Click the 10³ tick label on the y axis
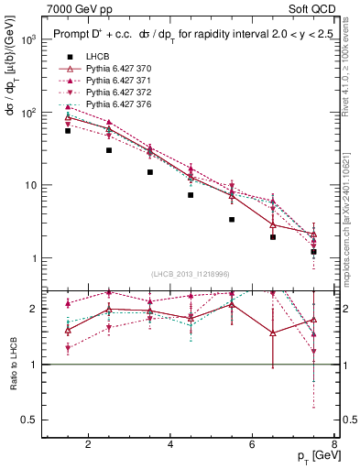(27, 40)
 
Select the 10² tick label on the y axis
(27, 113)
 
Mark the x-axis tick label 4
(171, 446)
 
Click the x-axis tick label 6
(254, 446)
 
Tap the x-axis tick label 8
(336, 446)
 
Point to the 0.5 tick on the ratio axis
(29, 420)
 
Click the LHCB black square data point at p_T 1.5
(68, 131)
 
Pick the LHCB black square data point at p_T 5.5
(232, 220)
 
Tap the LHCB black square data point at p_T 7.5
(314, 251)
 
